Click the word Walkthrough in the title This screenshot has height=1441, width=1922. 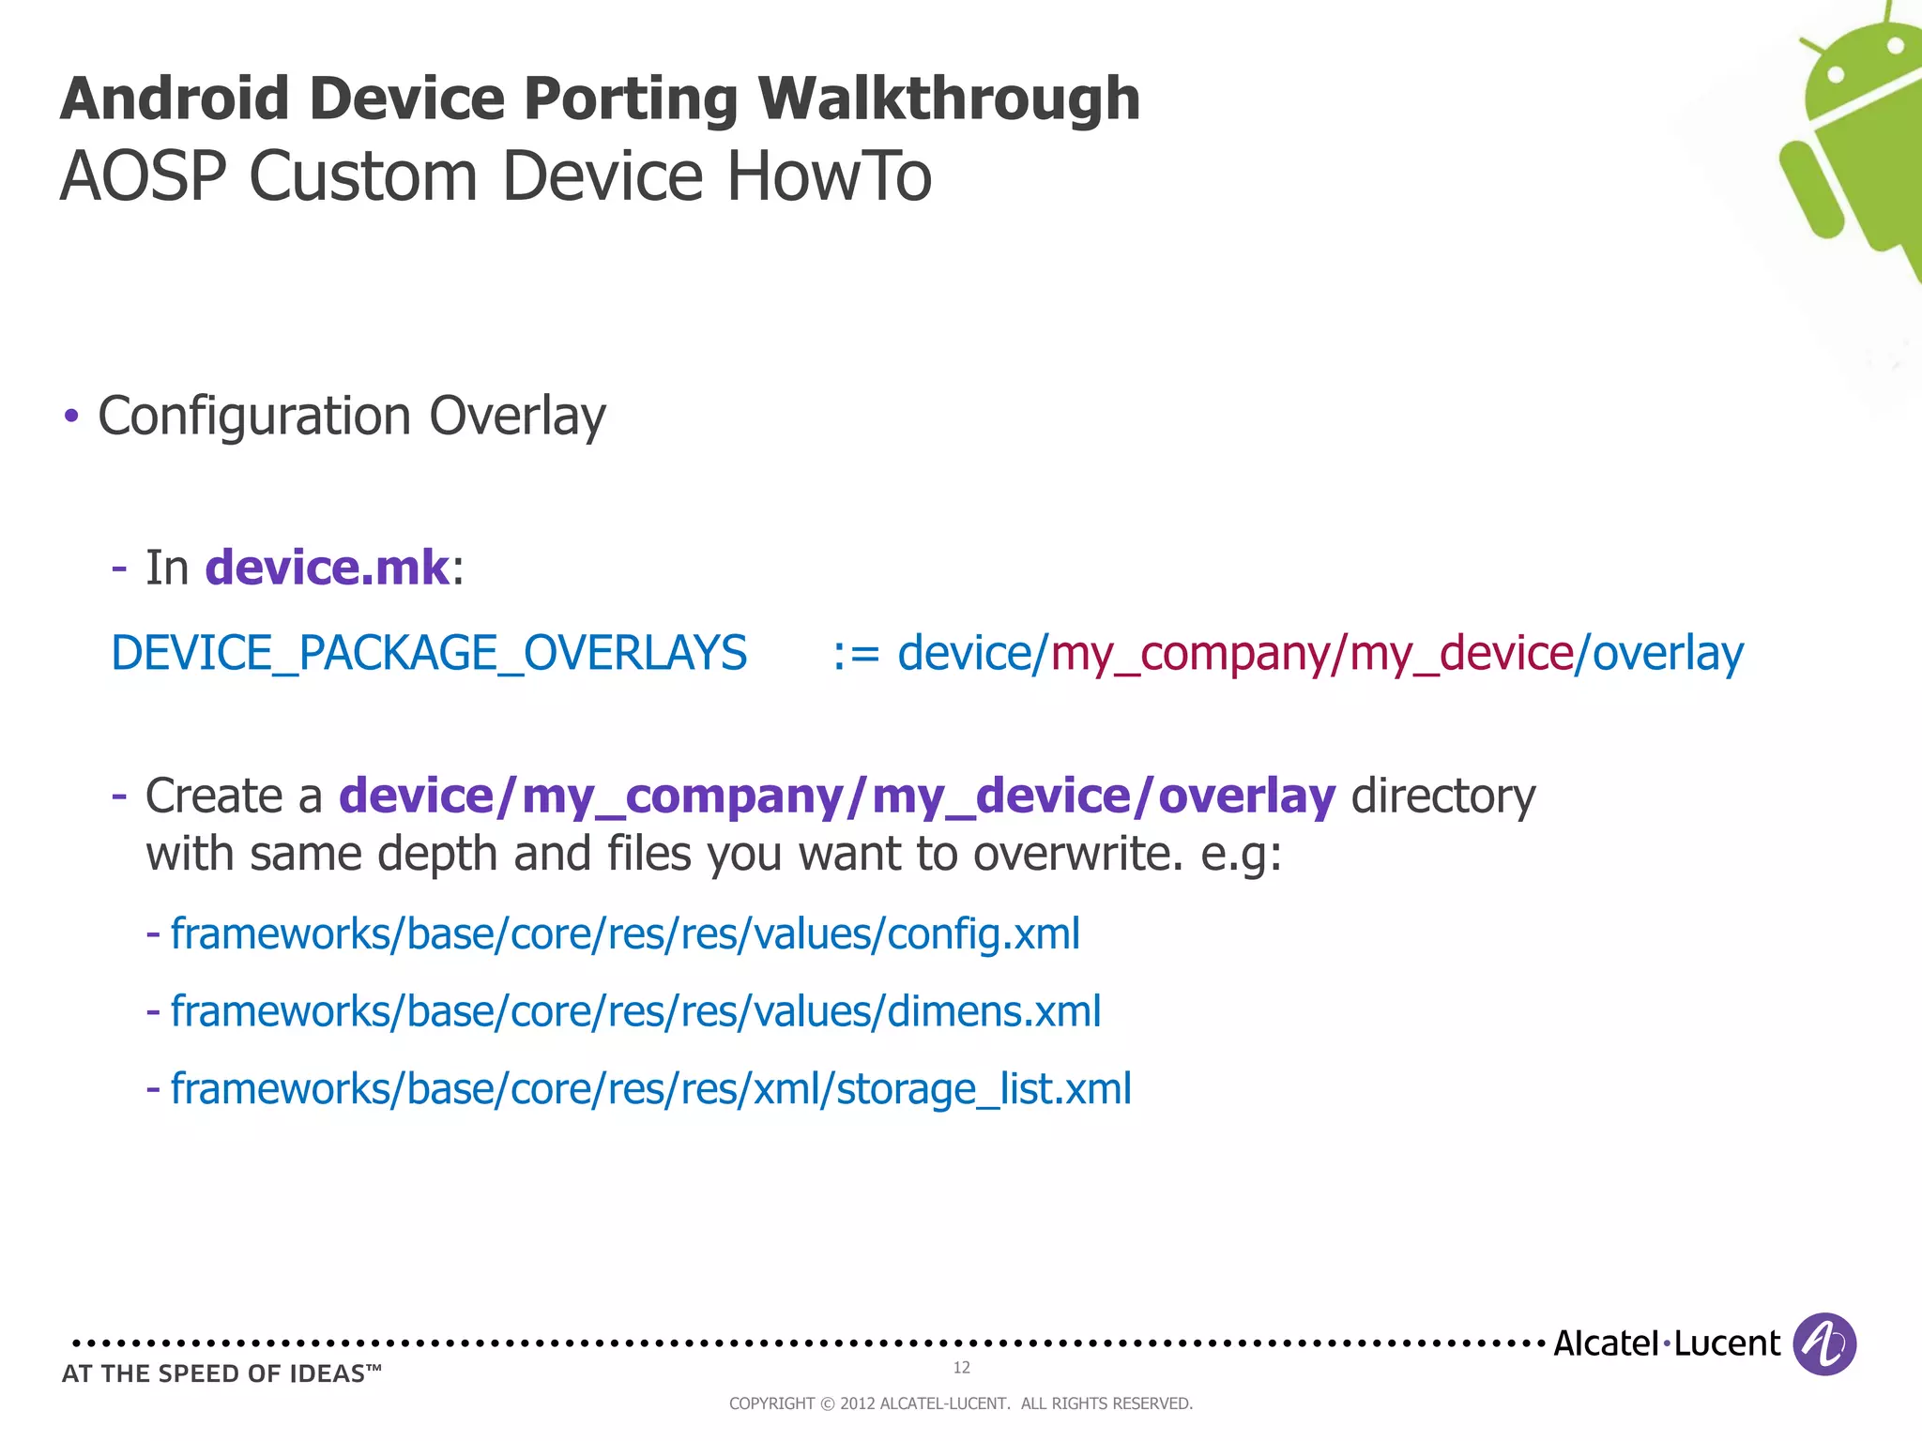[949, 99]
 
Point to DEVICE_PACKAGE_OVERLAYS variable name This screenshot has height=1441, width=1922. [429, 653]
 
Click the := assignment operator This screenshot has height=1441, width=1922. [856, 654]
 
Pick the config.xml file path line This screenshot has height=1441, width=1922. [624, 934]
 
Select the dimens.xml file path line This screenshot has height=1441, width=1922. [635, 1011]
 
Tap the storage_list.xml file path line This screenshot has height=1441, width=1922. [650, 1089]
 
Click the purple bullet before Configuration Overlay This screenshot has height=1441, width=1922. [71, 416]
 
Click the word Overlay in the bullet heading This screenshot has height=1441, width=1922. [517, 417]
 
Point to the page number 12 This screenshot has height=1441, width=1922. [961, 1368]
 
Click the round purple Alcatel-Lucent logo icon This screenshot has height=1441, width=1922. [1824, 1344]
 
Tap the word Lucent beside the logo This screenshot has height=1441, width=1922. [1727, 1343]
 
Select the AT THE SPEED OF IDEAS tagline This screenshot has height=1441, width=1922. [221, 1373]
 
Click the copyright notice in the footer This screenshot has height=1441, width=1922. [961, 1403]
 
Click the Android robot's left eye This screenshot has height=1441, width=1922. [1838, 73]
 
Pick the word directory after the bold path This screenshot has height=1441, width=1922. [1443, 796]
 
